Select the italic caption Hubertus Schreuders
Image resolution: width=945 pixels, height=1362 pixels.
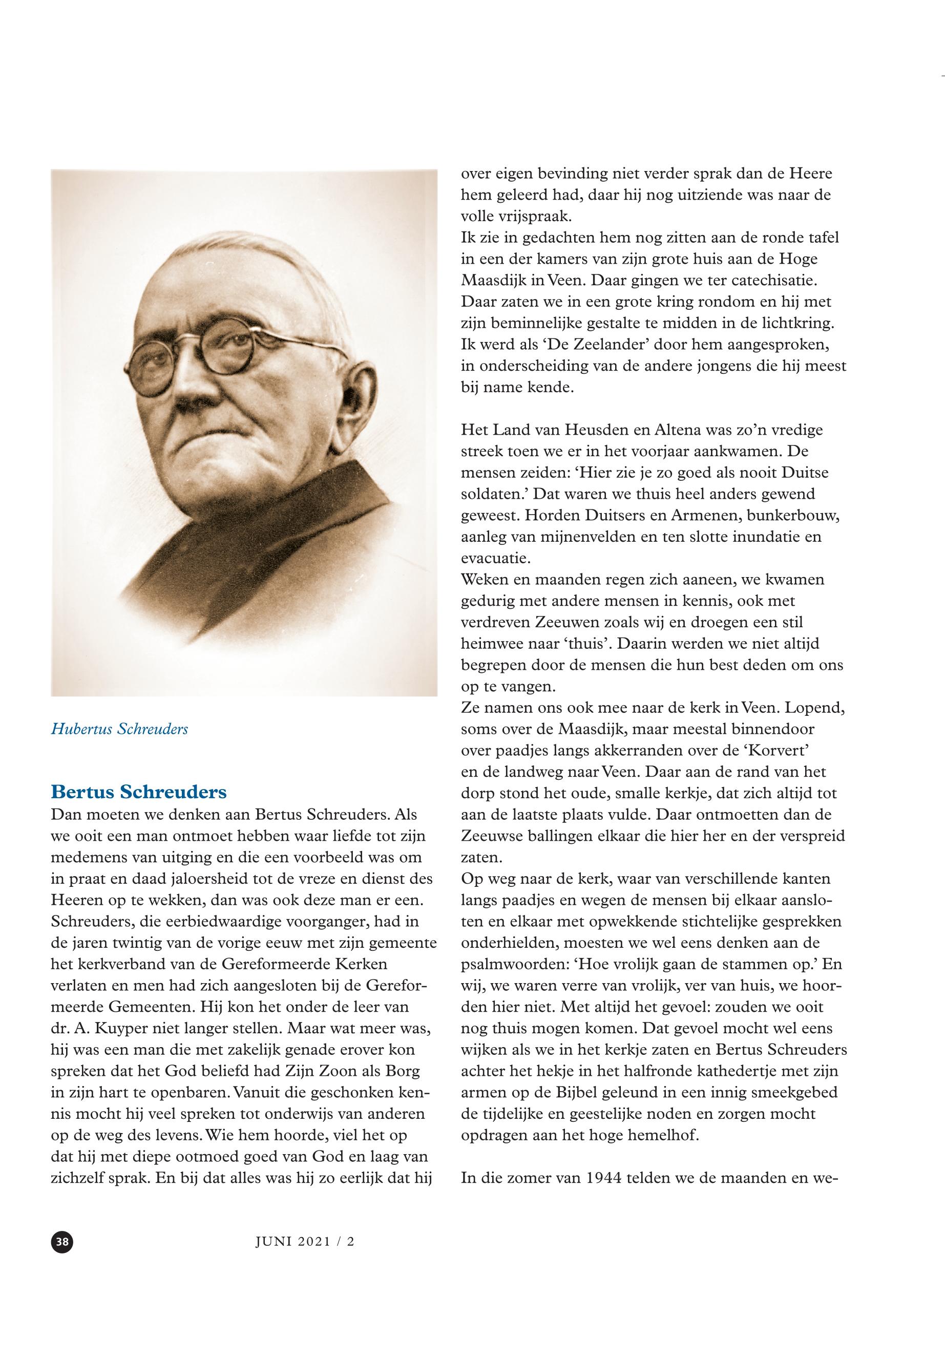point(120,729)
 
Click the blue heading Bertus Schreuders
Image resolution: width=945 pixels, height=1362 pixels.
point(139,792)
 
